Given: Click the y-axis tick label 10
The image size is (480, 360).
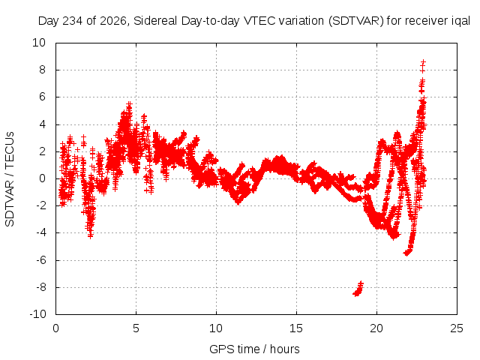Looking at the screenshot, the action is pyautogui.click(x=39, y=43).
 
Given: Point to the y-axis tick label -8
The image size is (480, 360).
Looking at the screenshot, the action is pyautogui.click(x=40, y=287).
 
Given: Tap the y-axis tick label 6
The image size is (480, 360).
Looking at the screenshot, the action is pyautogui.click(x=43, y=97).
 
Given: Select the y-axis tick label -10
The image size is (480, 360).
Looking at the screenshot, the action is pyautogui.click(x=37, y=314).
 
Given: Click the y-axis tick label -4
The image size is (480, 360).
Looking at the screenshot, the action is pyautogui.click(x=40, y=232).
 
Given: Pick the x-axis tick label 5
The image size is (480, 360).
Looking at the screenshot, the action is pyautogui.click(x=136, y=328).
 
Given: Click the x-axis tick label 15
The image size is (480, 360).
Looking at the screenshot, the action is pyautogui.click(x=296, y=328).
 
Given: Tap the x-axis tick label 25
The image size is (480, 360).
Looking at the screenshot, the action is pyautogui.click(x=457, y=328).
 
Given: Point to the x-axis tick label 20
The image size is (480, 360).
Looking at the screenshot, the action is pyautogui.click(x=376, y=328).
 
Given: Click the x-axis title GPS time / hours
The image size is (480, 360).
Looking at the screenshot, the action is pyautogui.click(x=254, y=349).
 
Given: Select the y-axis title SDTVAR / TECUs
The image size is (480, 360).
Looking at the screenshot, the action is pyautogui.click(x=10, y=179).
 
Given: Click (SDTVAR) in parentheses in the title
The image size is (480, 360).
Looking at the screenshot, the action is pyautogui.click(x=356, y=21).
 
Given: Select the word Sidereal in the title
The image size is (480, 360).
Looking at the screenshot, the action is pyautogui.click(x=155, y=21).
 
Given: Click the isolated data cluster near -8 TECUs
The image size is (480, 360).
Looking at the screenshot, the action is pyautogui.click(x=358, y=289).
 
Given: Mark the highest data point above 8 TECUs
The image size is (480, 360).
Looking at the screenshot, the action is pyautogui.click(x=423, y=62).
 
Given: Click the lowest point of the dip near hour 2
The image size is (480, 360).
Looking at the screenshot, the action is pyautogui.click(x=90, y=236).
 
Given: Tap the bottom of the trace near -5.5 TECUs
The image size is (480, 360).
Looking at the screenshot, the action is pyautogui.click(x=406, y=253).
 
